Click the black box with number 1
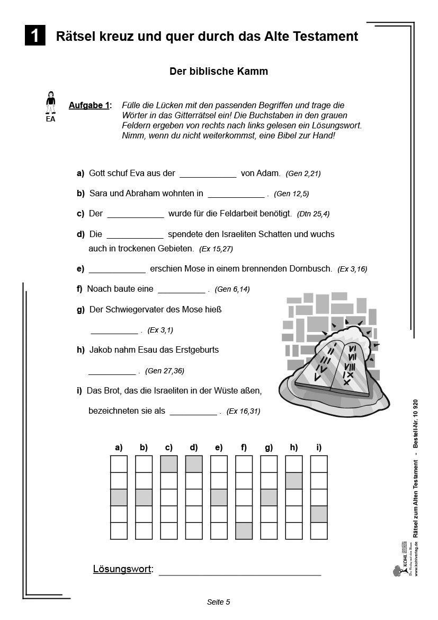point(35,36)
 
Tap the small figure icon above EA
point(50,102)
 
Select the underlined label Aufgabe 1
point(89,106)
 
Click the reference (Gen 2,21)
point(303,173)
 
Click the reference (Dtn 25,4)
point(314,214)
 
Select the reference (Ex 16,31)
point(243,411)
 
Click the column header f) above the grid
point(244,448)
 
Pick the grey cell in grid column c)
point(168,464)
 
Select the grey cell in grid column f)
point(244,530)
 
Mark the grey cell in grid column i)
point(319,514)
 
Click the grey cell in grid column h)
point(294,481)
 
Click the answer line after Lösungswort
point(239,572)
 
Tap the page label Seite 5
point(218,602)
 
